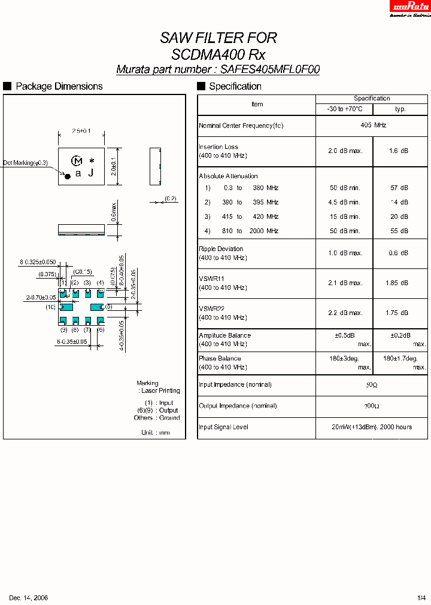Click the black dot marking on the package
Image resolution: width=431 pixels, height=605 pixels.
click(68, 176)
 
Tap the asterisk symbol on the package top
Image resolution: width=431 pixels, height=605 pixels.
click(92, 161)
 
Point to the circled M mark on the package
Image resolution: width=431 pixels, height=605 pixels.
click(77, 160)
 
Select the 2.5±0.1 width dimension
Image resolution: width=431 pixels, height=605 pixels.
click(81, 130)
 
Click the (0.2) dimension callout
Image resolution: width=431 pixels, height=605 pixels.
click(171, 198)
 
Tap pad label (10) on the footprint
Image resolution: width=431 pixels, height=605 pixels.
click(50, 307)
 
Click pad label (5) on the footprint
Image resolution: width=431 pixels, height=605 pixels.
click(108, 307)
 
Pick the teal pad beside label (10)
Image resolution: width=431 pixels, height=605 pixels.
click(66, 307)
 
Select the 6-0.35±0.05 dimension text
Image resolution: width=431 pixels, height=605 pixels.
click(72, 342)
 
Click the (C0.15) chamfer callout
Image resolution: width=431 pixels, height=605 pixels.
click(82, 272)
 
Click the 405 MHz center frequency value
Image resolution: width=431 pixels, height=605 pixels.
click(372, 126)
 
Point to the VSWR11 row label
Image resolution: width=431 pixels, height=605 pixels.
click(211, 279)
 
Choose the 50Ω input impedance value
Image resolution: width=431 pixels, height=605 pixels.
click(372, 385)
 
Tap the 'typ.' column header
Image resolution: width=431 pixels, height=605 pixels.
click(400, 109)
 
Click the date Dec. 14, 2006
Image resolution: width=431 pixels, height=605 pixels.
click(28, 598)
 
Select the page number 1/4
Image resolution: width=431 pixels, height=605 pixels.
click(421, 598)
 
